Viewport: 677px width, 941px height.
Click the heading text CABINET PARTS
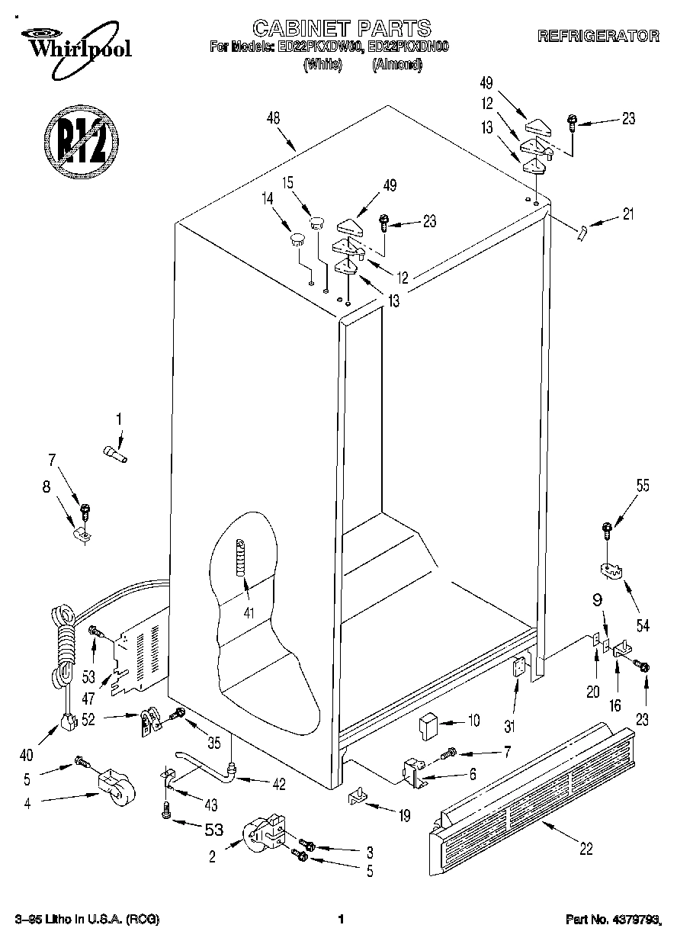[341, 29]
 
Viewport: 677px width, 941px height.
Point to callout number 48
[273, 118]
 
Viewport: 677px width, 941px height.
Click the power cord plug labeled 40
[69, 720]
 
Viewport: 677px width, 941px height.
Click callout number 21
[627, 214]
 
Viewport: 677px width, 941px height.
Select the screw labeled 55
[607, 527]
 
